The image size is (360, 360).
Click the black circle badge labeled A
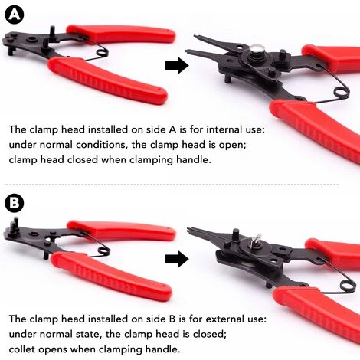pos(14,15)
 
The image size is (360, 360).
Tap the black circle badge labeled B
pos(14,204)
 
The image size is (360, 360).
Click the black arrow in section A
pos(177,67)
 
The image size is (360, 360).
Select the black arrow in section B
pos(177,260)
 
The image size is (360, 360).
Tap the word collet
pos(25,349)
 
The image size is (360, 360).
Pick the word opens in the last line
pos(63,349)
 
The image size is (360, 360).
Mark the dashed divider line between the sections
pos(180,184)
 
